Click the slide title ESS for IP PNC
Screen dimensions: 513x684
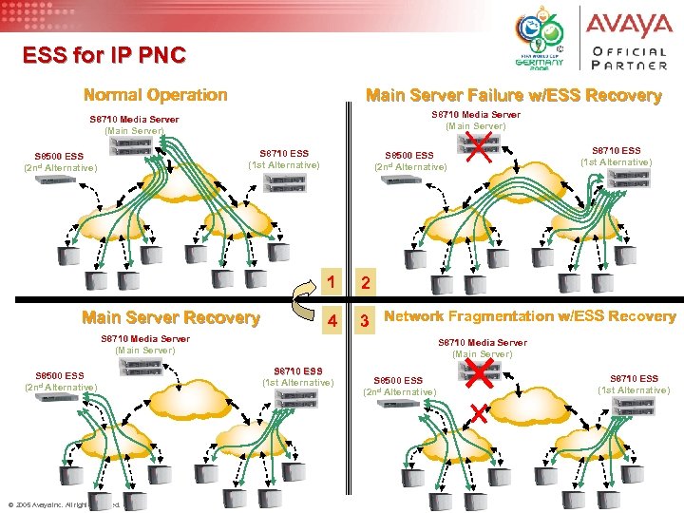click(105, 55)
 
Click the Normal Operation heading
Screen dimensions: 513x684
click(156, 95)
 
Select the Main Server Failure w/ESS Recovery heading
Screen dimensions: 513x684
click(513, 95)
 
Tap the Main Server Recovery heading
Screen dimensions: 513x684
click(171, 317)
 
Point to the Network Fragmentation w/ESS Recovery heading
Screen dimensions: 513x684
click(530, 316)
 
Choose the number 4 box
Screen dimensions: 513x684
click(332, 319)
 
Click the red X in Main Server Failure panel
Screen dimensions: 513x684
click(480, 146)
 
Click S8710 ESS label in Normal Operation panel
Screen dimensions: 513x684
click(284, 159)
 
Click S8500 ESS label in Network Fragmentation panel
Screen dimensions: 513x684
click(399, 386)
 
